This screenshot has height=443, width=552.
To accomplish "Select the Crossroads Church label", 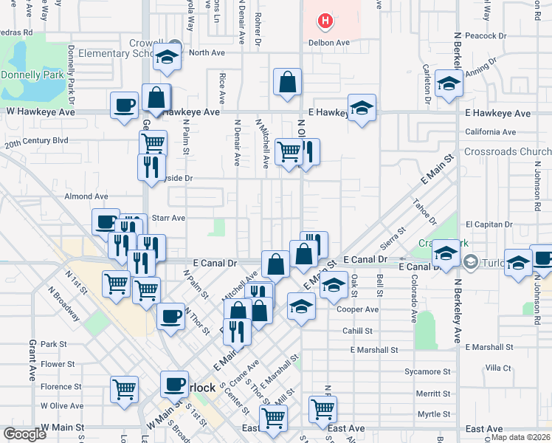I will pyautogui.click(x=508, y=152).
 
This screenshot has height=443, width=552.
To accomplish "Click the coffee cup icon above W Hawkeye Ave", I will pyautogui.click(x=124, y=104).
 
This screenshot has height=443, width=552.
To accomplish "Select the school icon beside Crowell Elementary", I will pyautogui.click(x=168, y=59).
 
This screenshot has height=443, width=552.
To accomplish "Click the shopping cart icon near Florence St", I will pyautogui.click(x=124, y=388).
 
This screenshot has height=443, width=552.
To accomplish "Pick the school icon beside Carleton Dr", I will pyautogui.click(x=448, y=83).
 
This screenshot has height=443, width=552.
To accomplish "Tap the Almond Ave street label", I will pyautogui.click(x=86, y=196).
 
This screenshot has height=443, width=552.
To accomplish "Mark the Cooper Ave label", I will pyautogui.click(x=358, y=309).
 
